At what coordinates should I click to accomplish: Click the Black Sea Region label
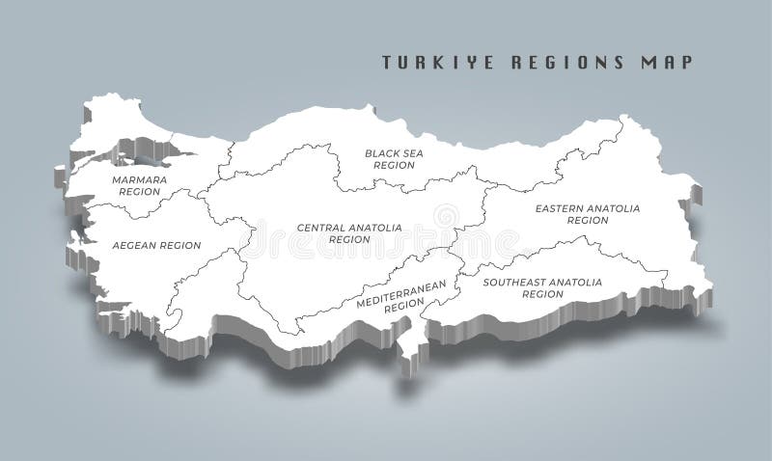394,159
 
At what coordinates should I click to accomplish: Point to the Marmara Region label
139,185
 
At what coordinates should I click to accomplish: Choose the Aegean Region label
156,246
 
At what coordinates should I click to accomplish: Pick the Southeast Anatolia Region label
542,287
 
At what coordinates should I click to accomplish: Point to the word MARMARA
139,179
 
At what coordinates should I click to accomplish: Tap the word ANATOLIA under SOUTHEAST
576,282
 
